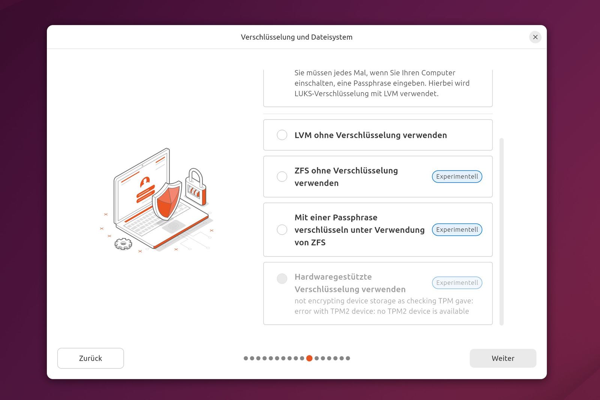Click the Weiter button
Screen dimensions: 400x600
click(x=502, y=358)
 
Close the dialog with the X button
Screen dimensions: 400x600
click(x=535, y=37)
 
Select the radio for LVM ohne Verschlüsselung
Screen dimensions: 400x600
click(x=282, y=135)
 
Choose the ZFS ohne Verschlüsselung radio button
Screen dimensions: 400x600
click(x=282, y=177)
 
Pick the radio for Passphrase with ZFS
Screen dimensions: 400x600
click(x=282, y=229)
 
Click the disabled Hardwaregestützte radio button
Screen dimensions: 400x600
click(x=282, y=279)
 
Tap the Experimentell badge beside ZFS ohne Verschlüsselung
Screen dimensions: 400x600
click(x=457, y=177)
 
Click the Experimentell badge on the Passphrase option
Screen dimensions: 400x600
click(x=457, y=229)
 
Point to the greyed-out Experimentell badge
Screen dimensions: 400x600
click(x=457, y=283)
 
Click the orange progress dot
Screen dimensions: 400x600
click(x=309, y=358)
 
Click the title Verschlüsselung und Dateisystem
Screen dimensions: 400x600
click(x=296, y=37)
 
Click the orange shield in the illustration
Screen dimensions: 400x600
click(x=167, y=201)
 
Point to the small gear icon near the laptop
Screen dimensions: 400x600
click(x=123, y=244)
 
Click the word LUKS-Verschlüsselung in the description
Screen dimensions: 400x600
click(x=328, y=94)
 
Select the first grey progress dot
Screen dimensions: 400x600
click(x=246, y=358)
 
